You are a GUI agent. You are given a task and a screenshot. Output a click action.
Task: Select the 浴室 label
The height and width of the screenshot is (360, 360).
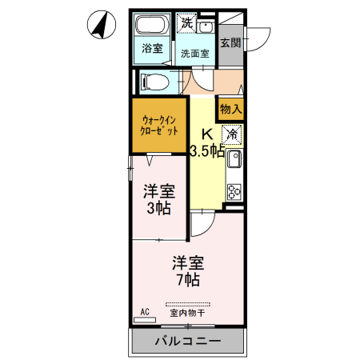click(x=152, y=49)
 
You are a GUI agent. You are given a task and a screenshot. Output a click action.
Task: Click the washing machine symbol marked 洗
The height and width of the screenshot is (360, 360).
click(x=186, y=22)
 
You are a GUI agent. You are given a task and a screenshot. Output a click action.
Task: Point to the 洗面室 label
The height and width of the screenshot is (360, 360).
click(x=194, y=54)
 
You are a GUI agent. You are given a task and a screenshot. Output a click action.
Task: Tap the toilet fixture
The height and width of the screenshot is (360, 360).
click(x=154, y=81)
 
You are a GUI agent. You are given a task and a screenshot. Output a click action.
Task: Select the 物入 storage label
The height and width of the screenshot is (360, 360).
click(x=231, y=107)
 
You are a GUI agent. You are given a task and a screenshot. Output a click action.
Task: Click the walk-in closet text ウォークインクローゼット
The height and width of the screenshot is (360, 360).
click(x=160, y=123)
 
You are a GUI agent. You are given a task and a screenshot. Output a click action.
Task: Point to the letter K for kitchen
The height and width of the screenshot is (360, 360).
click(x=206, y=134)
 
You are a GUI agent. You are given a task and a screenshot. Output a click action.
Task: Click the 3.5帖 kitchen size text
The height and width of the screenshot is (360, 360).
click(x=207, y=150)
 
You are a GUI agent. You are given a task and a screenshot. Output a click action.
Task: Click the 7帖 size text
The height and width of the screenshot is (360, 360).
click(x=189, y=280)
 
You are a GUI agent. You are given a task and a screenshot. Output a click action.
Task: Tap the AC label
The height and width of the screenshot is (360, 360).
click(x=145, y=310)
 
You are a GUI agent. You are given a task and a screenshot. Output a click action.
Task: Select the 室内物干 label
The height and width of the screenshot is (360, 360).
click(x=187, y=313)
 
